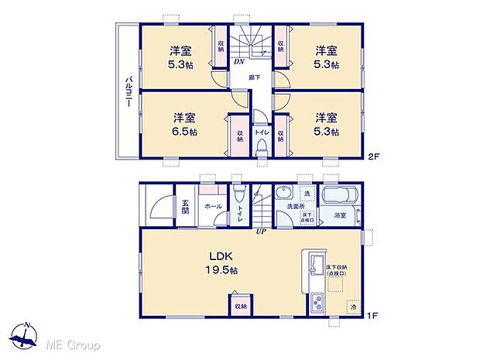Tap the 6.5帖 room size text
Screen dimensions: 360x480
pos(183,131)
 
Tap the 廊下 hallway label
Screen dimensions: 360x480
pos(254,77)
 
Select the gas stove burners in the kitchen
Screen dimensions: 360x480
pos(317,303)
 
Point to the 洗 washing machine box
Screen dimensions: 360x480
pos(307,193)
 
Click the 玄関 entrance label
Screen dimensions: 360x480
pos(186,207)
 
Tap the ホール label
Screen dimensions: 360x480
pos(213,207)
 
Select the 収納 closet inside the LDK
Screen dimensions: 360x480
pos(240,305)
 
